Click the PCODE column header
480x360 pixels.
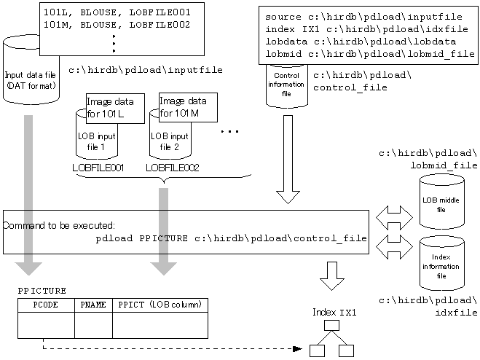[46, 305]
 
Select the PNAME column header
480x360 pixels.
[93, 305]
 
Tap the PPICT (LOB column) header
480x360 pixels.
[160, 305]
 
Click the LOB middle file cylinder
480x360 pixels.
[441, 201]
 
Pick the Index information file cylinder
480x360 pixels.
[441, 263]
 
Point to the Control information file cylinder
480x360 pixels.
[287, 86]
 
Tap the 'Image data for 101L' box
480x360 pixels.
[115, 109]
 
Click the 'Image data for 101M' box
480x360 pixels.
[188, 108]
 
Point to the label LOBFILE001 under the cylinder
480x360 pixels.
[98, 168]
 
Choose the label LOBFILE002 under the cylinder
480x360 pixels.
[173, 168]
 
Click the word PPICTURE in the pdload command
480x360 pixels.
[163, 238]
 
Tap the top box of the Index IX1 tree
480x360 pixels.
[331, 325]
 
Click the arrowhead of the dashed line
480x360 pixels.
[297, 348]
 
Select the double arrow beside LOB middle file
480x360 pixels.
[394, 218]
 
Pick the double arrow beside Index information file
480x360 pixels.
[394, 247]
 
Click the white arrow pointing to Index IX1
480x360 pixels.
[332, 276]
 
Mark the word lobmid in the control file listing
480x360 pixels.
[283, 54]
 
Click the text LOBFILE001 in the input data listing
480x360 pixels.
[160, 12]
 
